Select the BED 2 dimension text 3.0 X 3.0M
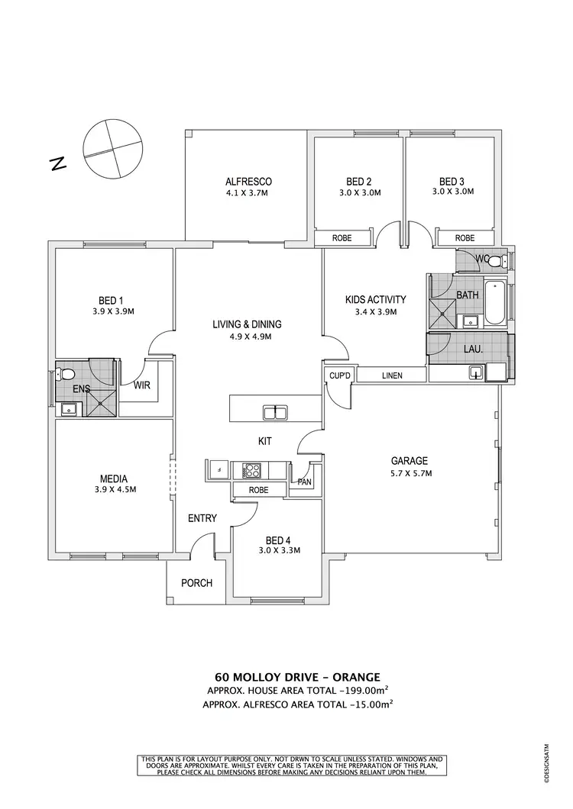point(358,193)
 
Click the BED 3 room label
point(452,181)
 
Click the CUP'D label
point(339,375)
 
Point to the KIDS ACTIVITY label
point(375,299)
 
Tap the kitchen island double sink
point(274,413)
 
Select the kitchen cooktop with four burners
point(252,469)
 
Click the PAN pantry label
point(304,482)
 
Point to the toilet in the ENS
point(66,375)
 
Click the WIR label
point(142,386)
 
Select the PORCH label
point(196,583)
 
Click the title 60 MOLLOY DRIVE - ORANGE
point(286,676)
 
